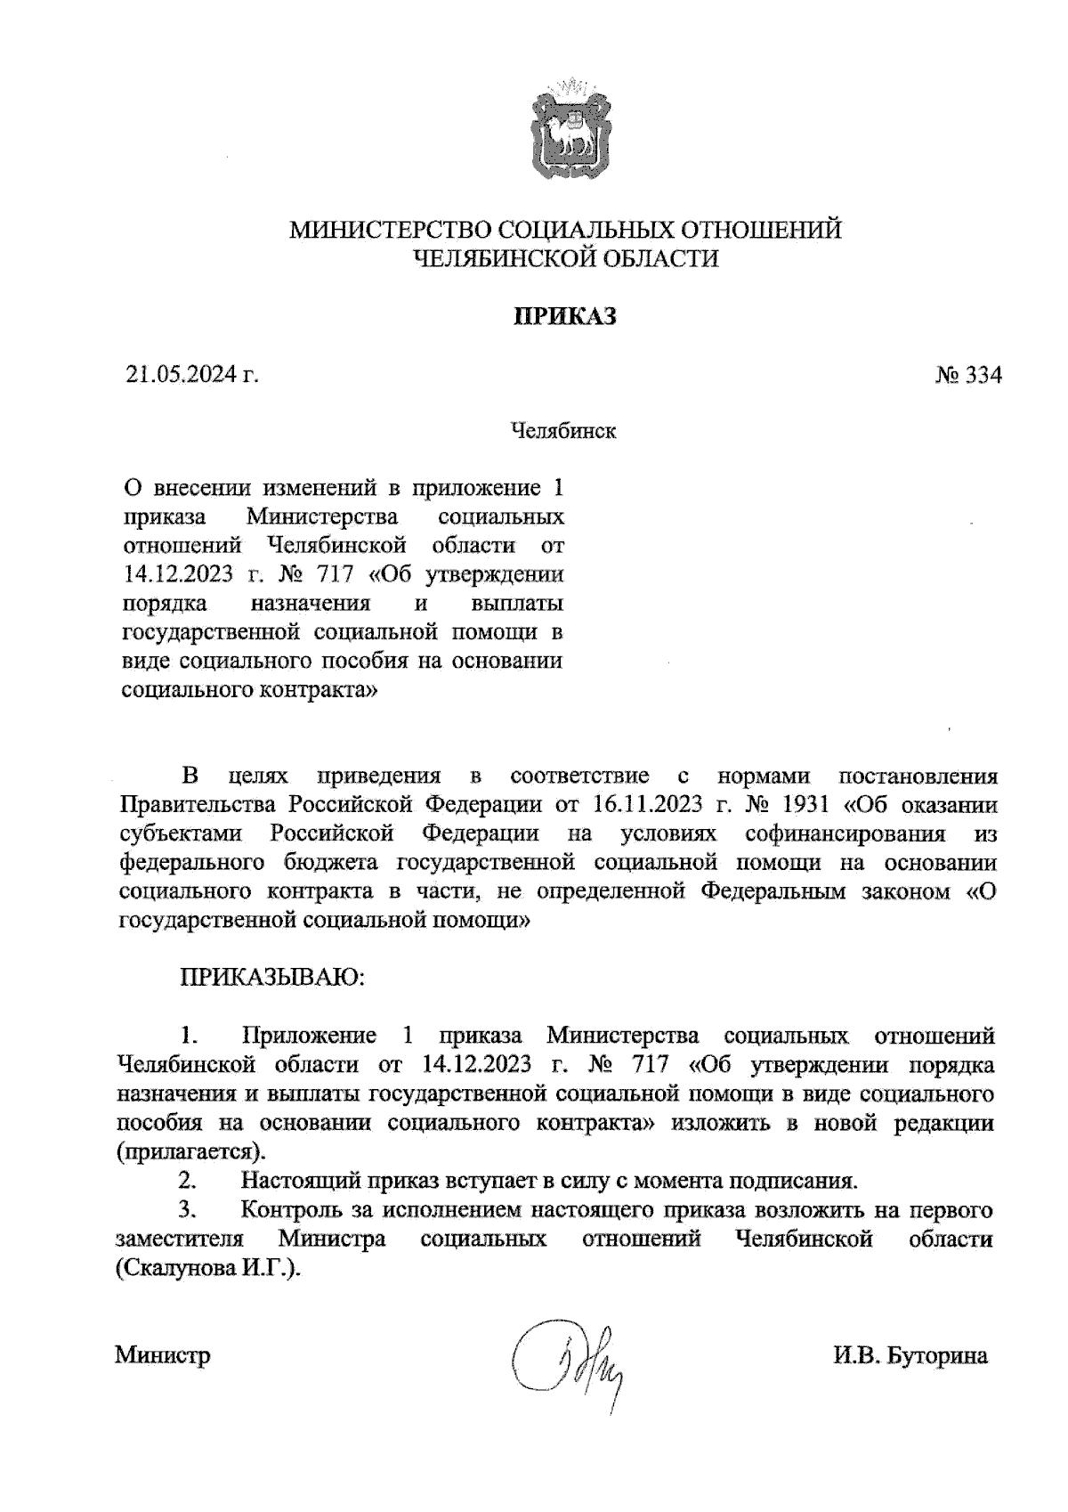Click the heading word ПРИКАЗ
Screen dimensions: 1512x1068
(564, 317)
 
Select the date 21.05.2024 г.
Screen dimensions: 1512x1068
(191, 375)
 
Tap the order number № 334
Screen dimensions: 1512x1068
(967, 376)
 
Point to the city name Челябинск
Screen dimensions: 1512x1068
(564, 432)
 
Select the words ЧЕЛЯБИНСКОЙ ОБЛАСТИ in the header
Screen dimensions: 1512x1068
(565, 259)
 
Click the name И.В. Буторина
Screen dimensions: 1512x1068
(910, 1356)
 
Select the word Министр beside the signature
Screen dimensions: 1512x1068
(163, 1356)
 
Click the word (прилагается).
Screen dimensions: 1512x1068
(191, 1151)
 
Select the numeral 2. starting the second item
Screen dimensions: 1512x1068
(188, 1182)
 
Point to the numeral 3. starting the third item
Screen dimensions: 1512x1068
(188, 1211)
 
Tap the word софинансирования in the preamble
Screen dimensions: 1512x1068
(845, 834)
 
